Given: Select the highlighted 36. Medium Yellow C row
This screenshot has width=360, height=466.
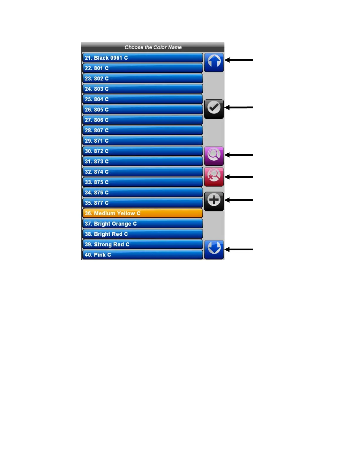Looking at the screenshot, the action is coord(142,213).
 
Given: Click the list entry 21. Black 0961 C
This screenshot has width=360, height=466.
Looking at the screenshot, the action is coord(142,58).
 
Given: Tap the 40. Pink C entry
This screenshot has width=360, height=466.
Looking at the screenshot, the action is coord(142,255).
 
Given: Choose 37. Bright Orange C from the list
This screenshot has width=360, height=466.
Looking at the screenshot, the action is coord(142,224).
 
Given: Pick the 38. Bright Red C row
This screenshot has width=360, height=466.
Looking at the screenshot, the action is coord(142,234).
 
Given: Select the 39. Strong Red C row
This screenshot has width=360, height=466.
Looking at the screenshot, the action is coord(142,244).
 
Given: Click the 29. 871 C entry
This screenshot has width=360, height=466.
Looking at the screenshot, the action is coord(142,141).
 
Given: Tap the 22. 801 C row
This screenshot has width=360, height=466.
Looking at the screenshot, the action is coord(142,68).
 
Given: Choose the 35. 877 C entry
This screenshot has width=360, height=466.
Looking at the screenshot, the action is coord(142,203).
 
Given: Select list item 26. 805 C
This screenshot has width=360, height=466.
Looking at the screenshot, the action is coord(142,110).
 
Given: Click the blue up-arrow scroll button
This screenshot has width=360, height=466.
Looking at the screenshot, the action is coord(214,62).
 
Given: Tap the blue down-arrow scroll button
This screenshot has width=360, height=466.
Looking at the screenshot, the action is coord(214,249).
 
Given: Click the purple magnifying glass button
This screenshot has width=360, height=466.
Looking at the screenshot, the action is coord(214,156).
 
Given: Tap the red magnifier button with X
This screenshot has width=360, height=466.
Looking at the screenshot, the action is coord(214,177).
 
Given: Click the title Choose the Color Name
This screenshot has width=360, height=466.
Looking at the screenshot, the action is coord(153,47).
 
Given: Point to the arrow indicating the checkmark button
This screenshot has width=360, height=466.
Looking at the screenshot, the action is coord(239,108).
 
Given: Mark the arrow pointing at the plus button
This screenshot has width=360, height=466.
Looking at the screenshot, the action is coord(239,200).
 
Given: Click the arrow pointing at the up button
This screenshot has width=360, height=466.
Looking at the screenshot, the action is coord(239,60).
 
